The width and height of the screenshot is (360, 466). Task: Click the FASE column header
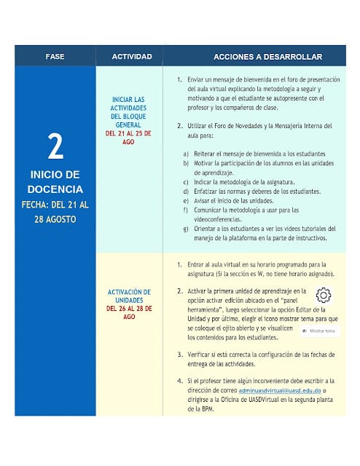click(x=55, y=57)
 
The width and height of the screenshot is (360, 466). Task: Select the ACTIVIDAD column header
click(x=131, y=57)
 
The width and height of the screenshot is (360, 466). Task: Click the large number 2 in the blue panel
click(x=55, y=147)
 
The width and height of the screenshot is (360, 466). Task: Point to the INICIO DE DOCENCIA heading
click(x=55, y=182)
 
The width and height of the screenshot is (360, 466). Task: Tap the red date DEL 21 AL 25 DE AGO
click(x=128, y=138)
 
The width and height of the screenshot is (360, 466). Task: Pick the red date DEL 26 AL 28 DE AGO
click(x=128, y=312)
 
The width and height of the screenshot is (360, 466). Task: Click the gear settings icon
click(x=324, y=295)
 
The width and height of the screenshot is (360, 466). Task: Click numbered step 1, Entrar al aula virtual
click(x=259, y=269)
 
